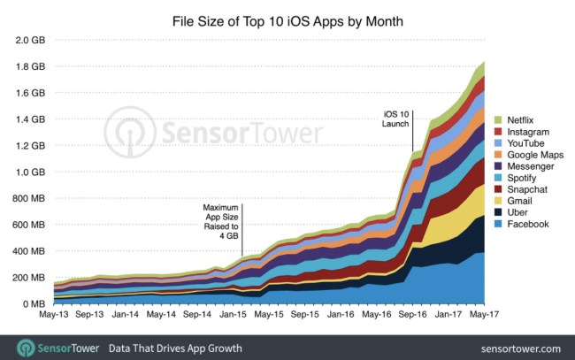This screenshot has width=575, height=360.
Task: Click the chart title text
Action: click(x=287, y=19)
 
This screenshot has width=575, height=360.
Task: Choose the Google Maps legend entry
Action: click(x=534, y=154)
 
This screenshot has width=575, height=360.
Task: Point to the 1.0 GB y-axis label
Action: click(x=27, y=172)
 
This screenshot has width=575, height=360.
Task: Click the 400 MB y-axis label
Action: click(x=27, y=251)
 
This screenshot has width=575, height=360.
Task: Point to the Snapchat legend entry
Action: click(x=528, y=189)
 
